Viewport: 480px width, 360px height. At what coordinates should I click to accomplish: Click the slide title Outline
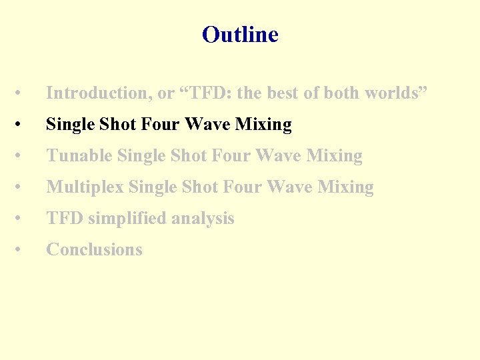[240, 35]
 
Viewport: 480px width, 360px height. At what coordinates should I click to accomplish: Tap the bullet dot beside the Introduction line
[22, 93]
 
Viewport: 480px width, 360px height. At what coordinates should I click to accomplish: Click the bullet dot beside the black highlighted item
[22, 125]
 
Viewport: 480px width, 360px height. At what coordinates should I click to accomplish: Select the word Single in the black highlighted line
[70, 125]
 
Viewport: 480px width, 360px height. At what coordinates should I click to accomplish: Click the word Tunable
[79, 156]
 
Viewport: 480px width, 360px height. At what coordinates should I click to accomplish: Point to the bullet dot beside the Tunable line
[22, 156]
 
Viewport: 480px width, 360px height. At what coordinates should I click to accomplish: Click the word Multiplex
[85, 187]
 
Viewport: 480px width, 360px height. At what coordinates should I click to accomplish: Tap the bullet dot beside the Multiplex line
[22, 187]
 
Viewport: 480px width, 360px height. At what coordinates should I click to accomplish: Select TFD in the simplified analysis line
[65, 219]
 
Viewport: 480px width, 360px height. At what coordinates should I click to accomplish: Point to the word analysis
[203, 219]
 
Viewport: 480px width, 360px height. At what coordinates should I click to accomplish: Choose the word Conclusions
[94, 250]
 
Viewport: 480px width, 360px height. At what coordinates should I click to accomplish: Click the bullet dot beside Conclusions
[22, 250]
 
